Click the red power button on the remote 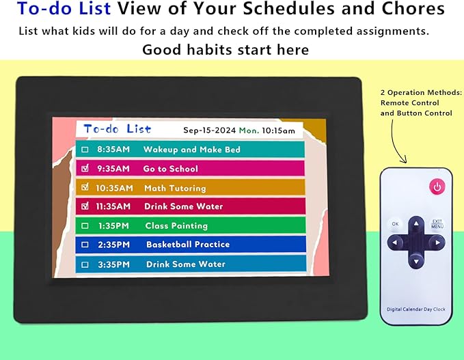pyautogui.click(x=436, y=186)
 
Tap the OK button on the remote pyautogui.click(x=395, y=223)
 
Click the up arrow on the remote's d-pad pyautogui.click(x=415, y=224)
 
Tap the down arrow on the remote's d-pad pyautogui.click(x=415, y=259)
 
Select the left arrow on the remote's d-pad pyautogui.click(x=396, y=242)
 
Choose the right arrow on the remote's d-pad pyautogui.click(x=435, y=241)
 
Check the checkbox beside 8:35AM pyautogui.click(x=85, y=150)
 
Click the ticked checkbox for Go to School pyautogui.click(x=85, y=168)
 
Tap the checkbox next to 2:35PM pyautogui.click(x=85, y=245)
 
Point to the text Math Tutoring pyautogui.click(x=174, y=188)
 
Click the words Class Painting pyautogui.click(x=176, y=225)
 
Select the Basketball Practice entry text pyautogui.click(x=187, y=245)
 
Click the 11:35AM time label pyautogui.click(x=112, y=206)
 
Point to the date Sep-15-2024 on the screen pyautogui.click(x=209, y=130)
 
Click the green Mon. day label pyautogui.click(x=249, y=130)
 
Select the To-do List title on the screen pyautogui.click(x=117, y=128)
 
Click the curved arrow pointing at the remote pyautogui.click(x=396, y=143)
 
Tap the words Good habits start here pyautogui.click(x=226, y=50)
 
